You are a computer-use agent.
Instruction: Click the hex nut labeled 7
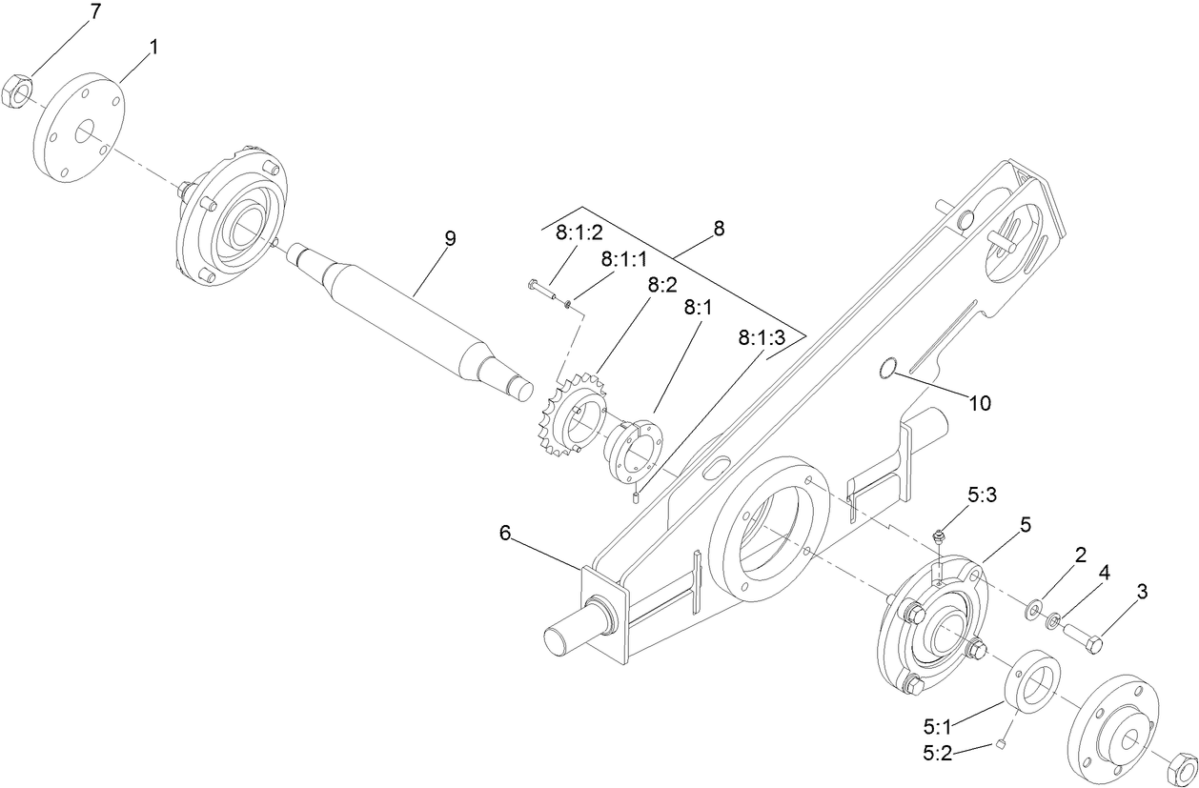[20, 91]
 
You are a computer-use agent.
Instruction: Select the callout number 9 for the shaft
[450, 238]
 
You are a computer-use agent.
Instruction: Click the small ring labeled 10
[886, 368]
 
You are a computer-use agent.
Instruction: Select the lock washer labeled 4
[1053, 623]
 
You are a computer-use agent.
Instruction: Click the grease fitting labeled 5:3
[939, 539]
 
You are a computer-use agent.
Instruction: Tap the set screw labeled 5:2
[1003, 745]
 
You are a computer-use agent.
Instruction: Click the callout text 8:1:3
[763, 338]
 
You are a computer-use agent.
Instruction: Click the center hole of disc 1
[85, 132]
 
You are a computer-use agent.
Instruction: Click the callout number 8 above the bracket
[719, 229]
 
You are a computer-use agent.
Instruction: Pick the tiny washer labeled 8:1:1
[568, 304]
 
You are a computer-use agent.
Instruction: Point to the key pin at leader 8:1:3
[636, 495]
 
